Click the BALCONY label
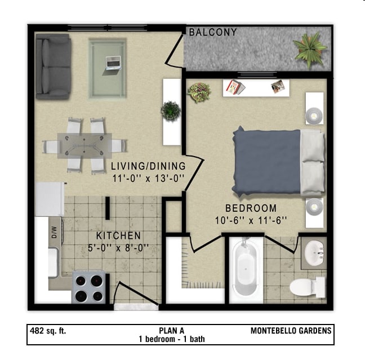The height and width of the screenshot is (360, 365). tap(212, 33)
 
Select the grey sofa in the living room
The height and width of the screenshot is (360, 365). tap(52, 66)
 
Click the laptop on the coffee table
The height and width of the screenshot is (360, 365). tap(113, 62)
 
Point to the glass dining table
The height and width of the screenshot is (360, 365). tap(84, 145)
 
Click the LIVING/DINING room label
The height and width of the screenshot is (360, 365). tap(148, 166)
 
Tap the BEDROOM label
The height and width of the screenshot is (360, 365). tap(251, 208)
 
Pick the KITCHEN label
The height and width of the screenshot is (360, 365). tap(118, 235)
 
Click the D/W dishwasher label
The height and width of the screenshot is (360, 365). tap(55, 232)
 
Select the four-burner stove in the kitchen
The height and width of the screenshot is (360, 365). tap(90, 287)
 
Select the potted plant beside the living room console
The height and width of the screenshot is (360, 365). tap(171, 110)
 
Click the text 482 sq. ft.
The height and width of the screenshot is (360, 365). tap(48, 331)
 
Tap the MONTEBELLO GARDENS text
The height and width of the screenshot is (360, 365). tap(291, 331)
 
